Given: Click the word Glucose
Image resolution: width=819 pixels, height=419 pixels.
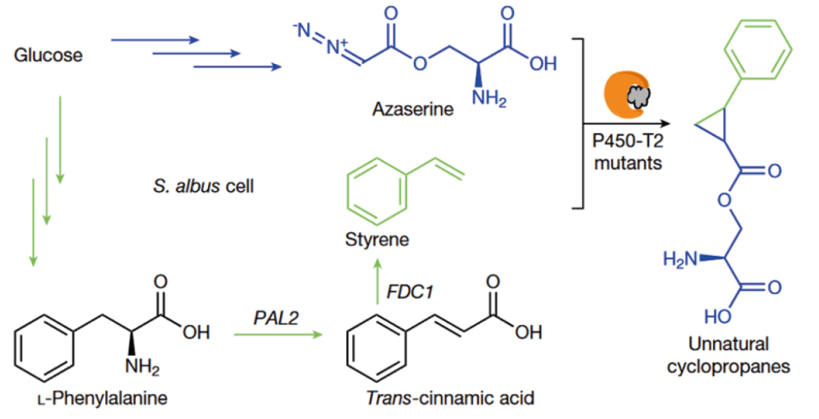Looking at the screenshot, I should pos(48,55).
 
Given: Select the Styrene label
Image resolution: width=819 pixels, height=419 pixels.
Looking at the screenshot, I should pos(376,239).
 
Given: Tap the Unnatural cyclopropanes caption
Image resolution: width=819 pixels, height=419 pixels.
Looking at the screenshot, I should pos(728,355).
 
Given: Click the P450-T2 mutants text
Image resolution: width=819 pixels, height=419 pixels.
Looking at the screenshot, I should pos(622,153).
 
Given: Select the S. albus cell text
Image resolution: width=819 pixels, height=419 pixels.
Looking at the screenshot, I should pos(204,188).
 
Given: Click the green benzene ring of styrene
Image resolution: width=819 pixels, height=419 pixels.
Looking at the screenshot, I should pos(372,186).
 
